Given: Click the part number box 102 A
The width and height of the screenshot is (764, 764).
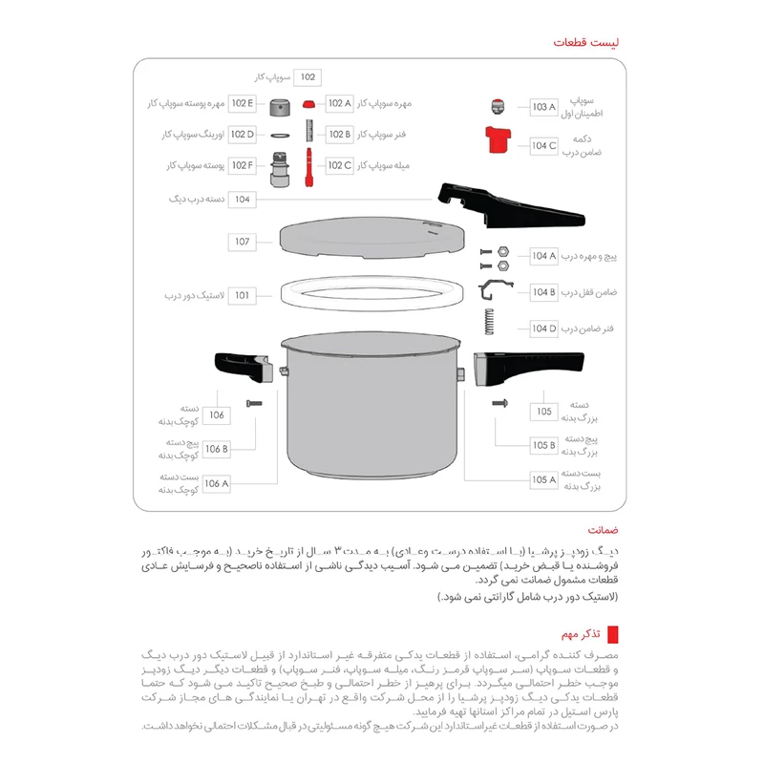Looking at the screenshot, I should coord(340,103).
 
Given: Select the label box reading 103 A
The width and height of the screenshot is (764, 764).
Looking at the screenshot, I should coord(543,107).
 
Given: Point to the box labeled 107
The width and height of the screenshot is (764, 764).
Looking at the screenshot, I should coord(243,242).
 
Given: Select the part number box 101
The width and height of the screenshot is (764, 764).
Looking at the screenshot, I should coord(243,295).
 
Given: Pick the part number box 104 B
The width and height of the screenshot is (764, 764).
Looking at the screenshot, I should coord(543,292).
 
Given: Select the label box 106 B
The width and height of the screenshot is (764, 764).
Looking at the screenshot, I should coord(217,449).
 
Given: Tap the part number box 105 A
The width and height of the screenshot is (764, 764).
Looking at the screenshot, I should coord(543,479).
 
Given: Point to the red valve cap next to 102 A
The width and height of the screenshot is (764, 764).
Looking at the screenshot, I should coord(308,103).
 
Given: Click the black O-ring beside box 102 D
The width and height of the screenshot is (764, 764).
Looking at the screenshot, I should coord(280,135).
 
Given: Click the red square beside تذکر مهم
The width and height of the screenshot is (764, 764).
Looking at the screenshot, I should coord(613,634).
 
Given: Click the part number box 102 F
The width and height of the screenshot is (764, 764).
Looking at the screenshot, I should coord(243,165).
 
